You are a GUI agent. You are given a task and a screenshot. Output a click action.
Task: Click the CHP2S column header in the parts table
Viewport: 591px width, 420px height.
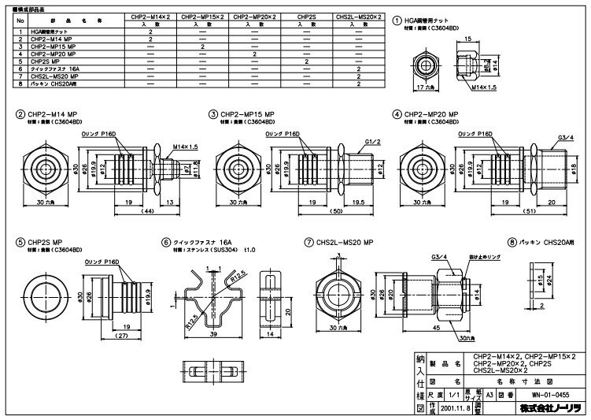tap(305, 15)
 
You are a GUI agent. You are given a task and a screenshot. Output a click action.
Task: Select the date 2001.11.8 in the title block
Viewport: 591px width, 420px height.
tap(457, 409)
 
